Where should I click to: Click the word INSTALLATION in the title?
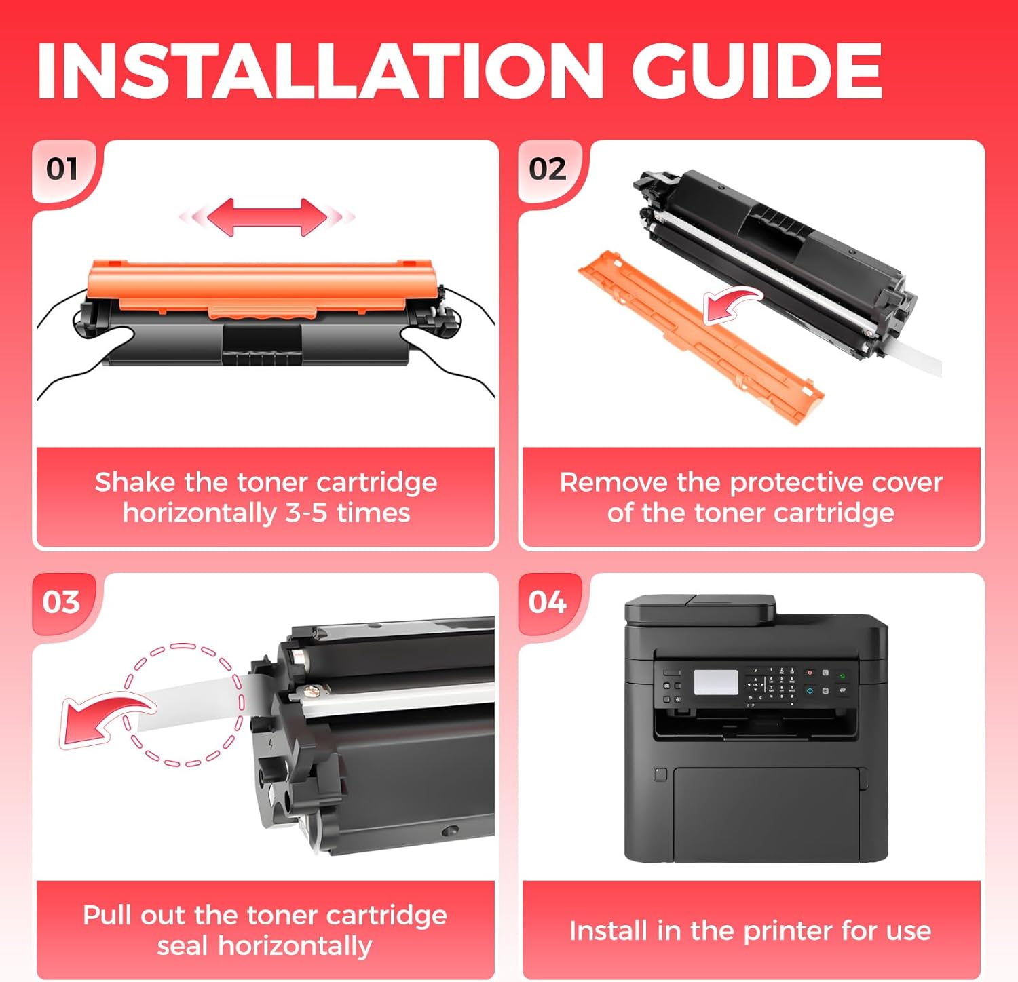tap(320, 71)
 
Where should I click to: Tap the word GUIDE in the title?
tap(757, 71)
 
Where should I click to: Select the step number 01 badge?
tap(62, 169)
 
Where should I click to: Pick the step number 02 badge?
tap(547, 169)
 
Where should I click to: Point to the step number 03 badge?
tap(61, 602)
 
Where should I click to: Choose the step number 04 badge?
tap(547, 602)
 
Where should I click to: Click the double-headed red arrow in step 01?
tap(267, 217)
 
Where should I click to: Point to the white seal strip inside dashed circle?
tap(197, 702)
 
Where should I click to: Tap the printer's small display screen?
tap(716, 683)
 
